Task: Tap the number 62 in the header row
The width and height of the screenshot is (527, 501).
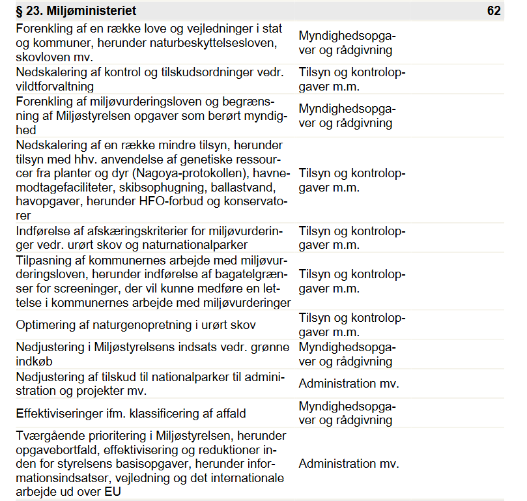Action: pyautogui.click(x=494, y=11)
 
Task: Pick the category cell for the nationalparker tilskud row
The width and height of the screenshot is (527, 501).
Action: pyautogui.click(x=349, y=384)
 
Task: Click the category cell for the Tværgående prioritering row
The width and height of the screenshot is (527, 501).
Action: pyautogui.click(x=349, y=464)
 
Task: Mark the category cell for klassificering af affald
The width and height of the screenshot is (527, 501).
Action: pyautogui.click(x=347, y=413)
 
